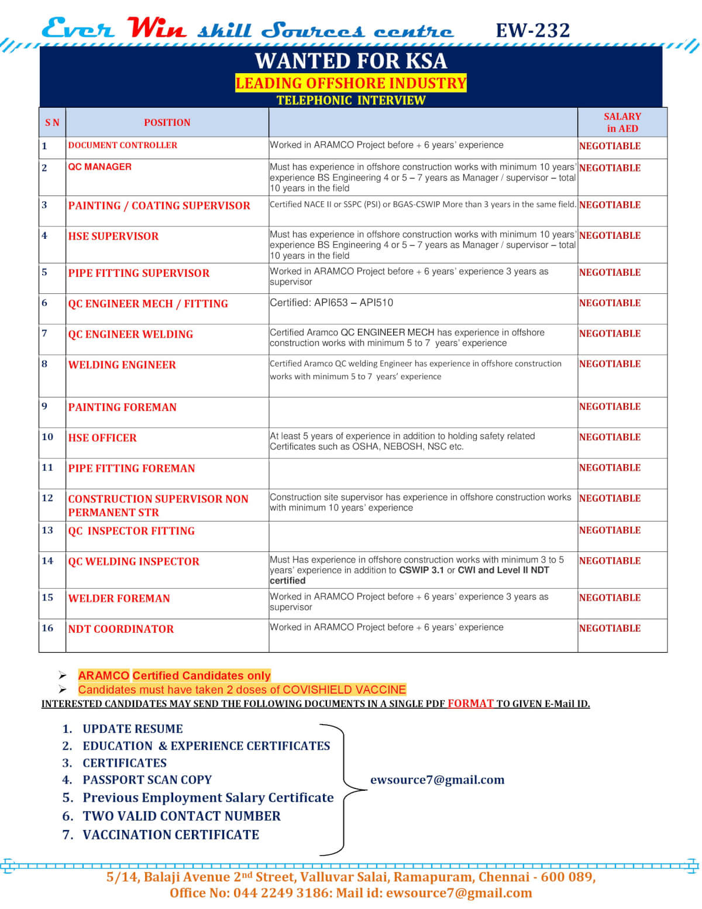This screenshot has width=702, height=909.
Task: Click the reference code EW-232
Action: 532,30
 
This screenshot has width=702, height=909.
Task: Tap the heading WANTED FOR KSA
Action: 350,61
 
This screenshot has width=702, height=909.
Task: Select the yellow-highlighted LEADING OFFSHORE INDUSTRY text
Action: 350,83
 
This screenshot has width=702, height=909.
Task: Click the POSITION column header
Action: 167,122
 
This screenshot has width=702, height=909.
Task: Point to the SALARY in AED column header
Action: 622,122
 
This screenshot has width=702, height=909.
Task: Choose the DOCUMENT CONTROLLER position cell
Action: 122,145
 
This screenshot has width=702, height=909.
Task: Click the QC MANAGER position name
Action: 99,167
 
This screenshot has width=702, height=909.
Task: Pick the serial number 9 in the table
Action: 44,406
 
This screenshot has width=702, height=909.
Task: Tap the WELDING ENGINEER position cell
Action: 122,365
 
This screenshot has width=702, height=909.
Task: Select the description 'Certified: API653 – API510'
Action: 331,303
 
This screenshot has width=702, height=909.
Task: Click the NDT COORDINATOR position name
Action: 121,629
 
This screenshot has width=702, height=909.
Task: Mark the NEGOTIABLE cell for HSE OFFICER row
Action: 610,437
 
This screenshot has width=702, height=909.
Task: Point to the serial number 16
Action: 47,627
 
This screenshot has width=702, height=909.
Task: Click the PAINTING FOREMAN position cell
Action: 122,407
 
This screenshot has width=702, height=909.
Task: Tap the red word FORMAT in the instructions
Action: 470,703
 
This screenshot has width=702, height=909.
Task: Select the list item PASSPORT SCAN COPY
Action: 147,780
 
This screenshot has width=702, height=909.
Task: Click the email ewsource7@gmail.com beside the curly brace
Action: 437,780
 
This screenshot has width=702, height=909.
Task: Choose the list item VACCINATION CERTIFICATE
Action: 170,835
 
